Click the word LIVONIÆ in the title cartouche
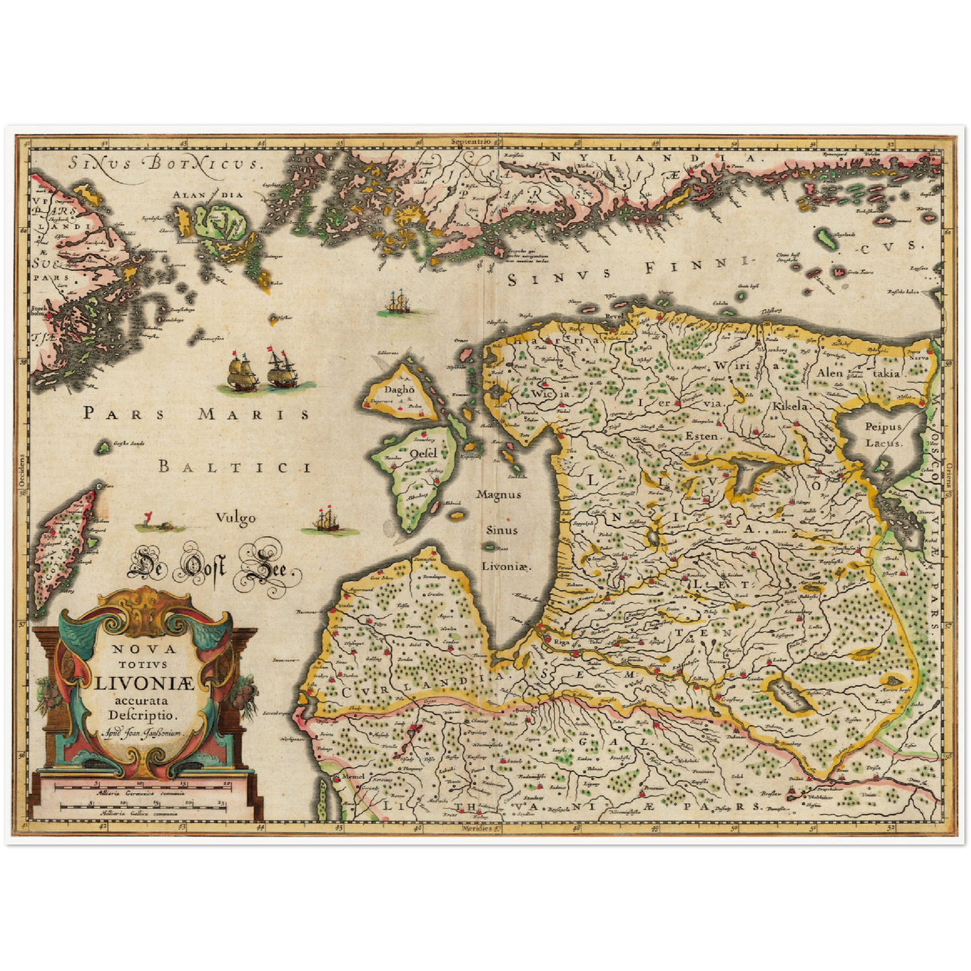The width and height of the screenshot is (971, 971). [x=143, y=683]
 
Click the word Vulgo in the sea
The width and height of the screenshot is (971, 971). [x=235, y=517]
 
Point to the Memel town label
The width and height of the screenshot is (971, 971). [x=352, y=775]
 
